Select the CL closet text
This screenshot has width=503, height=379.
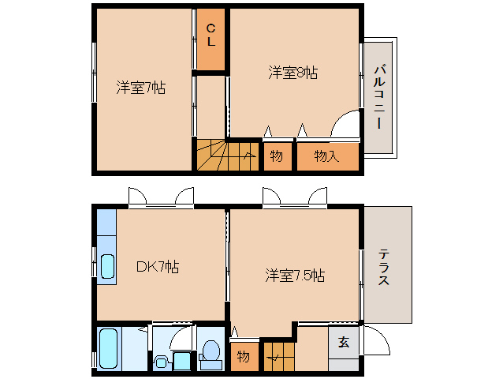211,35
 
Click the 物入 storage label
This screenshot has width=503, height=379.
326,156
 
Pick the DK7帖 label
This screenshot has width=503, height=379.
157,267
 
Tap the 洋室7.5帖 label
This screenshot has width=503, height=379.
295,276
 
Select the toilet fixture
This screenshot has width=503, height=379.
211,353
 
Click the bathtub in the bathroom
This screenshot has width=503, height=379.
110,349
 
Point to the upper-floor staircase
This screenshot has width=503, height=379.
227,155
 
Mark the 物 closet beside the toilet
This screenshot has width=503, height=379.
244,356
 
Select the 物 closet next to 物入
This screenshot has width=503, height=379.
276,156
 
